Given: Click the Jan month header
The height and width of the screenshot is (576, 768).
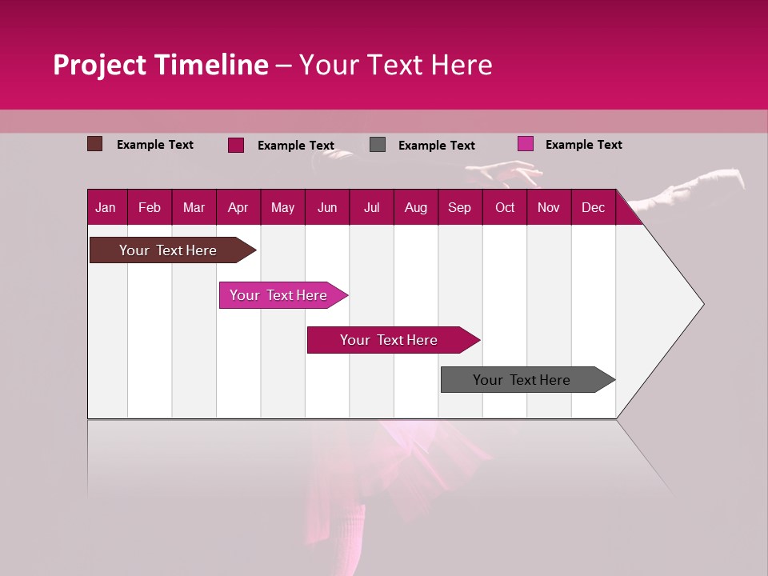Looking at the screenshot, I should (106, 207).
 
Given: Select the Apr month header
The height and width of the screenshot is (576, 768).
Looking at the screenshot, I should (238, 207).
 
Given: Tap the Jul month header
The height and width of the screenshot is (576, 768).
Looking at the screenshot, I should (371, 207).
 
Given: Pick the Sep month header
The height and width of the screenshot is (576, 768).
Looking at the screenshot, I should (459, 207).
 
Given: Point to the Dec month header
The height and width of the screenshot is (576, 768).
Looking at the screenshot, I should (593, 207).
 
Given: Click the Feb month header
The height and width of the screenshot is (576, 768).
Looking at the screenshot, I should (150, 207).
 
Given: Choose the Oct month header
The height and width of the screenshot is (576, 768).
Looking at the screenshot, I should (505, 207).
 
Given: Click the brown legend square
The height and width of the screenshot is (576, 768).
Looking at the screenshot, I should (94, 144).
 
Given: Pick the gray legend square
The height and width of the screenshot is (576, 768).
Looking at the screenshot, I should (378, 145).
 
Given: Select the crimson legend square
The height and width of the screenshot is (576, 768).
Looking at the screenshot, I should (236, 145).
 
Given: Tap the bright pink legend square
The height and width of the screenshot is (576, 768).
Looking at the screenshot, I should (525, 144).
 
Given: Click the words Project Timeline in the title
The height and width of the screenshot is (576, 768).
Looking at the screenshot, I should (160, 65).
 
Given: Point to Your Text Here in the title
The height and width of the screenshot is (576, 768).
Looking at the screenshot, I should (395, 65).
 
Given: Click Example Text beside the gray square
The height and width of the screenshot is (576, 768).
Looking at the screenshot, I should (436, 146).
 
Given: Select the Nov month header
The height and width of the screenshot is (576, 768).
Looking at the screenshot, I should (549, 207).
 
